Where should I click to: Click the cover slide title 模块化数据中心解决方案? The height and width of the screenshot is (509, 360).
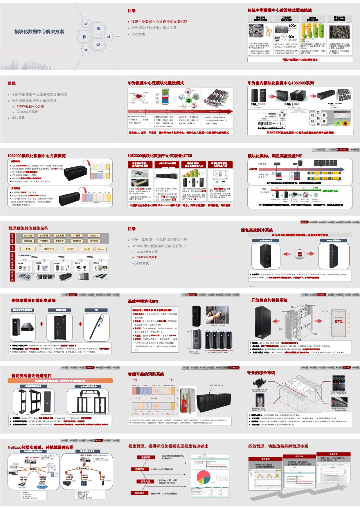(x=39, y=32)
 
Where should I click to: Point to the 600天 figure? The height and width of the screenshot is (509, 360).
(x=292, y=26)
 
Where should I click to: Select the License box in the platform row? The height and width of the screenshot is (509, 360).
(x=101, y=249)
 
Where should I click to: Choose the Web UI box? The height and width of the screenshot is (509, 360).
(x=87, y=249)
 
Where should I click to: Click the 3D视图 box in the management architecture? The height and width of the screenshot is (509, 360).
(x=76, y=236)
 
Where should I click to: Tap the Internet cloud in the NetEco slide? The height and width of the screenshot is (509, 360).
(x=83, y=468)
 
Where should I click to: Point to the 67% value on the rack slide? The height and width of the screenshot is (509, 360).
(x=339, y=322)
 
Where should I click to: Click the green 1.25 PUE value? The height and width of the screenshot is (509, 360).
(x=316, y=188)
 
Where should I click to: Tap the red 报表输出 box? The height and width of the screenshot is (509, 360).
(x=139, y=493)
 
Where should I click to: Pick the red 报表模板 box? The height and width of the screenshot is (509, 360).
(x=146, y=458)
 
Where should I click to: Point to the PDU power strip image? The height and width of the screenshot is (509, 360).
(x=96, y=325)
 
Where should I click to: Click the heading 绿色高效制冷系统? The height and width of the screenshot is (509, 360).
(x=257, y=230)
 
